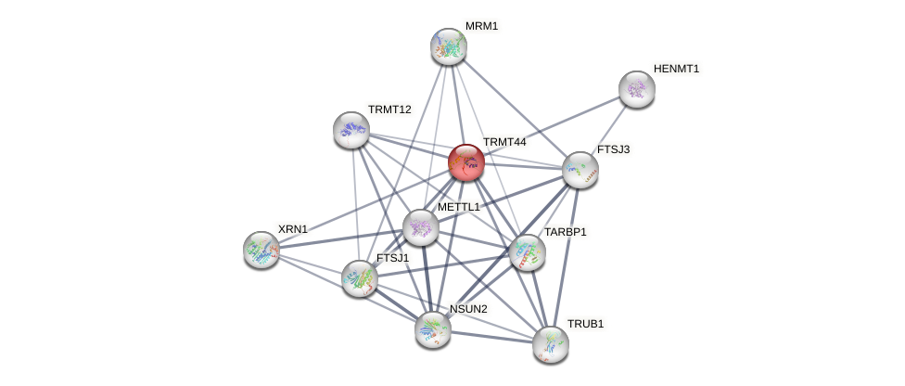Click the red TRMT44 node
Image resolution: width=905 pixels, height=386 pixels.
[x=465, y=162]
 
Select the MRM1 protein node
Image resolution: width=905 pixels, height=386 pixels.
[x=448, y=45]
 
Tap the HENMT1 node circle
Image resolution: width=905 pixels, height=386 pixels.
[x=636, y=89]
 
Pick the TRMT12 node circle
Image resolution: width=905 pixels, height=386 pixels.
[x=351, y=130]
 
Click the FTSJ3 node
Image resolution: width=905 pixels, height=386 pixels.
[x=580, y=170]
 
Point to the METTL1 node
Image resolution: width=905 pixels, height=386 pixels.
[x=421, y=227]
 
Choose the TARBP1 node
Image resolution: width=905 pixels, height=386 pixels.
[x=528, y=252]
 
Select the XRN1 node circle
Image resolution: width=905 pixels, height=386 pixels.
[x=261, y=249]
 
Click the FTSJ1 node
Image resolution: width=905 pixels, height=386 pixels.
[x=360, y=277]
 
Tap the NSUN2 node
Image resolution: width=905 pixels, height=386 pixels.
[x=433, y=328]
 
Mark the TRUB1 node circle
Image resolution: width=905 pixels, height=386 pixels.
[x=551, y=343]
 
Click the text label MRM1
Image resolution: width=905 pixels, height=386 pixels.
[x=481, y=26]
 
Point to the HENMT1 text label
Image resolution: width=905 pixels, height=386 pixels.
[x=676, y=69]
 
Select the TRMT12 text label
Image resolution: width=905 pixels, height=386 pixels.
[x=389, y=109]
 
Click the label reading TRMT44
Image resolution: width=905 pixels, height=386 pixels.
[x=503, y=142]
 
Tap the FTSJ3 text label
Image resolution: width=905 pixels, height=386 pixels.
[x=613, y=149]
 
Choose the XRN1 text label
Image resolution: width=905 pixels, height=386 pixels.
[x=292, y=228]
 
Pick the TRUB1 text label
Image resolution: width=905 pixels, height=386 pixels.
[x=585, y=324]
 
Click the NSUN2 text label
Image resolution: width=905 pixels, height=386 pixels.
[x=468, y=309]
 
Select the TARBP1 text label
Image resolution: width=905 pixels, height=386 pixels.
[x=565, y=232]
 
